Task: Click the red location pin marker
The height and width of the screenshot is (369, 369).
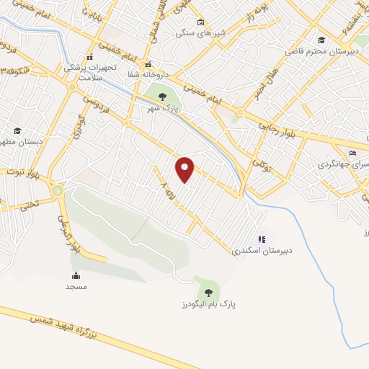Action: (184, 169)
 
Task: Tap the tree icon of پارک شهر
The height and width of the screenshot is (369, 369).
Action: (161, 96)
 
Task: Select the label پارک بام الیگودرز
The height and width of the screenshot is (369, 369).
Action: (209, 304)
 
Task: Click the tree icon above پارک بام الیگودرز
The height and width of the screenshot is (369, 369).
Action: (208, 292)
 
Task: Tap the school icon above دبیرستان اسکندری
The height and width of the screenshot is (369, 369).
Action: (262, 239)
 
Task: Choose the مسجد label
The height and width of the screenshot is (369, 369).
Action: (76, 287)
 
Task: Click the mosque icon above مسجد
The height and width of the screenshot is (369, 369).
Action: (76, 275)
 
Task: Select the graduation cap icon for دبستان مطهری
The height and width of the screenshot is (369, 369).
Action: (17, 130)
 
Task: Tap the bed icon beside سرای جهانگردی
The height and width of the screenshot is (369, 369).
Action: (352, 153)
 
